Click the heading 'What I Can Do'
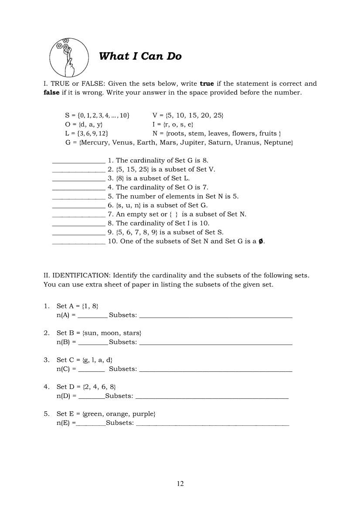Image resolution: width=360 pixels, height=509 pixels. tap(140, 56)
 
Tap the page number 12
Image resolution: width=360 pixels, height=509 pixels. tap(180, 483)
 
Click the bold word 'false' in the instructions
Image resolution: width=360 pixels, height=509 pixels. tap(51, 93)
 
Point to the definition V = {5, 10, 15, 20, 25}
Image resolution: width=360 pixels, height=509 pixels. tap(188, 115)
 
